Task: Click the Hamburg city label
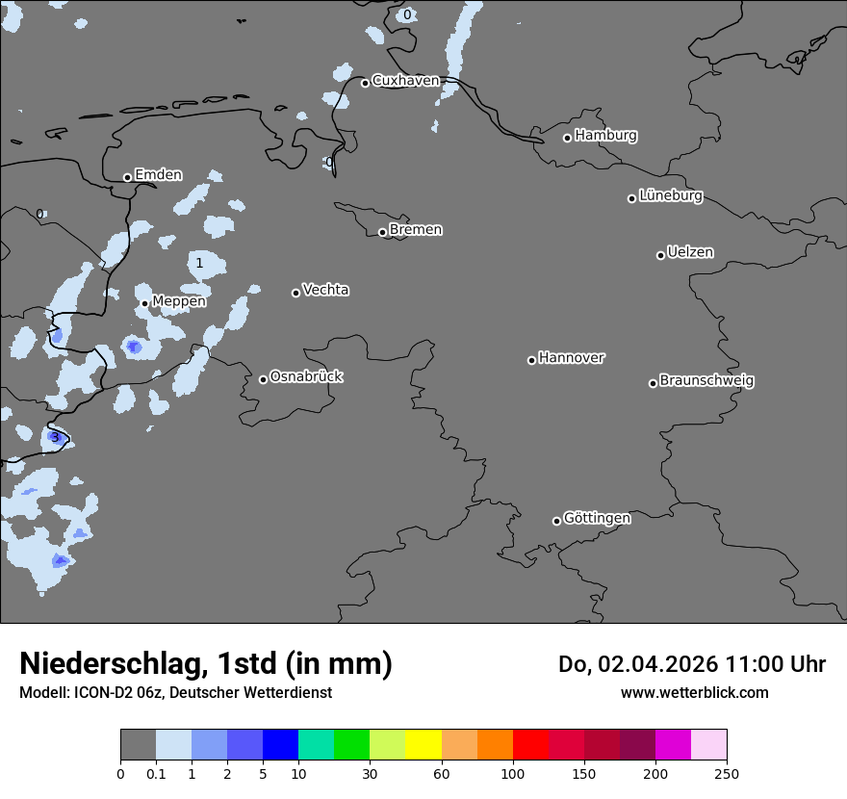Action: (x=605, y=136)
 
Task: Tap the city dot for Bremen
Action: (x=382, y=232)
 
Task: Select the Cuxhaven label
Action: (x=405, y=81)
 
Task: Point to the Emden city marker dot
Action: (x=127, y=177)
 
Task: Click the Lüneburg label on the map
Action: (x=671, y=196)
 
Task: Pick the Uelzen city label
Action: (x=690, y=253)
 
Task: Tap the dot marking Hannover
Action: (x=531, y=360)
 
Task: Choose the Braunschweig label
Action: (x=706, y=381)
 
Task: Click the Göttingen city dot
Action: (x=556, y=521)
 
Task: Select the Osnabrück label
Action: (x=306, y=377)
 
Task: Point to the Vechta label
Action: (x=325, y=290)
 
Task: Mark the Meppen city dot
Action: (x=144, y=303)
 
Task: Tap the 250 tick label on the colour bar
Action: (x=727, y=773)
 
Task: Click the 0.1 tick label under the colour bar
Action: (x=156, y=773)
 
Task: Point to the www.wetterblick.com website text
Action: (x=694, y=693)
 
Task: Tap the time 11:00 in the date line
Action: (x=757, y=664)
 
